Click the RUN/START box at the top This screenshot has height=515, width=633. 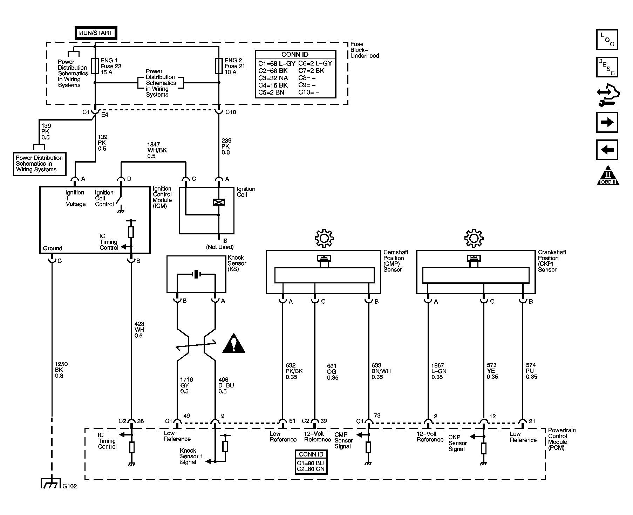pyautogui.click(x=96, y=33)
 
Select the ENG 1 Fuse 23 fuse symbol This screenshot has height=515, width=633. pyautogui.click(x=95, y=66)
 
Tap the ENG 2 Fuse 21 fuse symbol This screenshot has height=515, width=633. pyautogui.click(x=219, y=66)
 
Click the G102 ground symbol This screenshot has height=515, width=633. pyautogui.click(x=51, y=483)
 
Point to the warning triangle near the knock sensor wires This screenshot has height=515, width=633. pyautogui.click(x=234, y=343)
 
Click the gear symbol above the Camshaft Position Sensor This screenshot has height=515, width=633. pyautogui.click(x=324, y=239)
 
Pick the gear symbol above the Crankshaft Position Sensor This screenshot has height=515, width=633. pyautogui.click(x=474, y=239)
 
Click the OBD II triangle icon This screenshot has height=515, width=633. pyautogui.click(x=608, y=175)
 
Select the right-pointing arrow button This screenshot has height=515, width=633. pyautogui.click(x=607, y=122)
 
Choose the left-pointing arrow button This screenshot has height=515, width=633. pyautogui.click(x=607, y=150)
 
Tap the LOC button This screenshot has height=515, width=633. pyautogui.click(x=607, y=39)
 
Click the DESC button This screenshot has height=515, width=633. pyautogui.click(x=607, y=67)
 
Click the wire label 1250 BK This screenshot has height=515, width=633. pyautogui.click(x=61, y=370)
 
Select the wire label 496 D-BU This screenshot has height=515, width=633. pyautogui.click(x=226, y=385)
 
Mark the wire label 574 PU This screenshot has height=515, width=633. pyautogui.click(x=531, y=371)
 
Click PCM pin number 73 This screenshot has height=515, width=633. pyautogui.click(x=377, y=416)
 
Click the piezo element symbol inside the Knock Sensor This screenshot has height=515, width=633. pyautogui.click(x=196, y=274)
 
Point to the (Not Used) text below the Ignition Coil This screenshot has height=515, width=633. pyautogui.click(x=220, y=247)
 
